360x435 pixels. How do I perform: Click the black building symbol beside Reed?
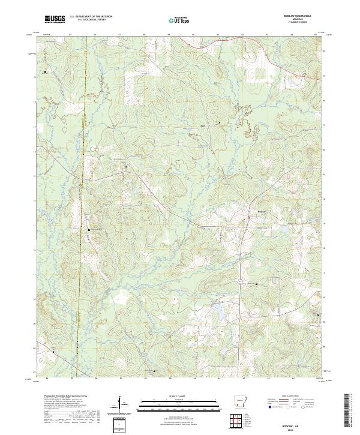pyautogui.click(x=219, y=124)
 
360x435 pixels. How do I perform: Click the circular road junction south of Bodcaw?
pyautogui.click(x=241, y=281)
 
